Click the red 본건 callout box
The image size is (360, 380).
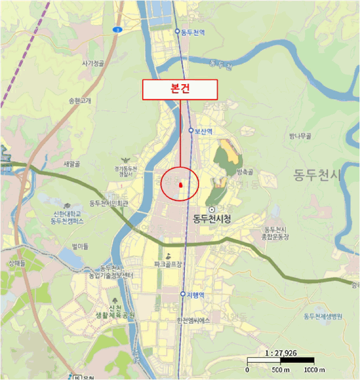[x=180, y=90]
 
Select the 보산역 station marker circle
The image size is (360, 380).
[x=191, y=130]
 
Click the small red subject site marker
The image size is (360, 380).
[x=180, y=186]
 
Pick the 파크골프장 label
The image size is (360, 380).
[x=169, y=264]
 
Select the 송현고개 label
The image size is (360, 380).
[x=80, y=100]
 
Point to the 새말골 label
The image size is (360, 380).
[x=72, y=163]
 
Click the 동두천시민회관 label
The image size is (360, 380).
[x=109, y=204]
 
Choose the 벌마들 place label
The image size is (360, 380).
[x=79, y=246]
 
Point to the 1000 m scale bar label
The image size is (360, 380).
[x=314, y=370]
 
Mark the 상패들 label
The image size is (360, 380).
[x=17, y=262]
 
